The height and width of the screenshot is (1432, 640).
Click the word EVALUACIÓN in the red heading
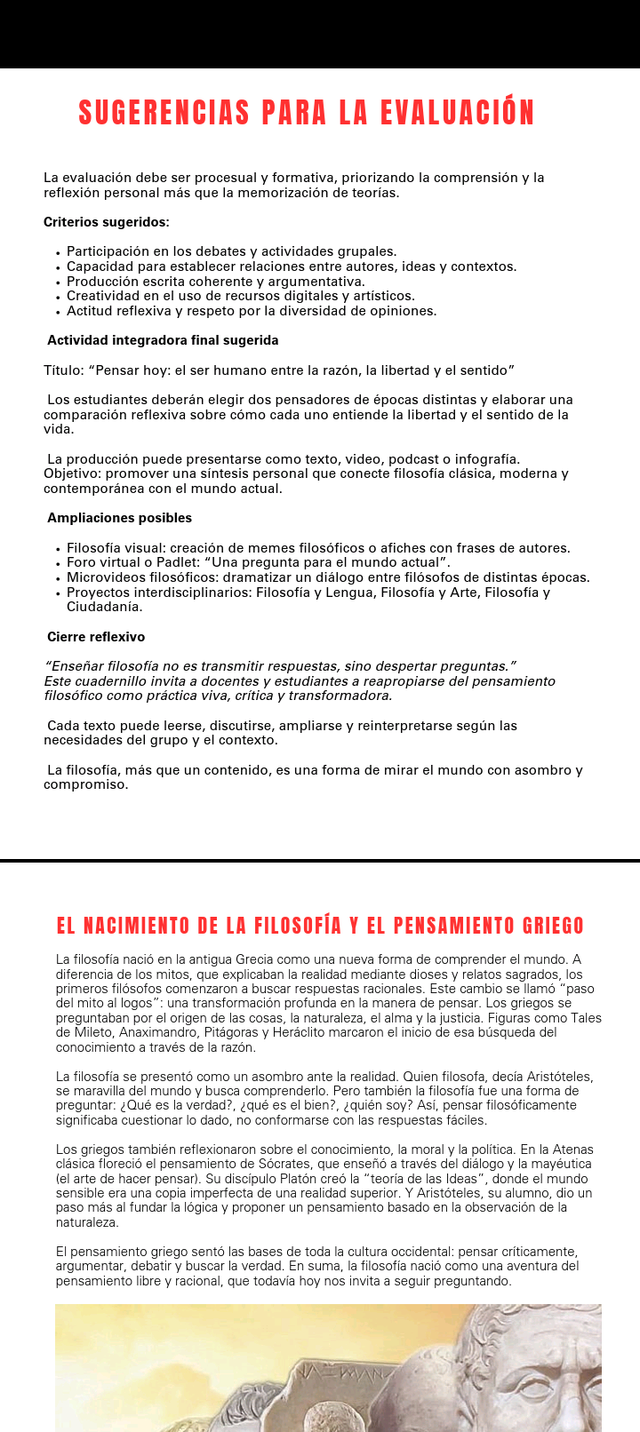coord(457,114)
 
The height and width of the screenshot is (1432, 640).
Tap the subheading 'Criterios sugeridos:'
coord(107,222)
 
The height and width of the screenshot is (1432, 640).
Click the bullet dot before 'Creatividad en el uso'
coord(58,297)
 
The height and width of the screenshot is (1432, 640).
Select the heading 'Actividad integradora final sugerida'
coord(163,340)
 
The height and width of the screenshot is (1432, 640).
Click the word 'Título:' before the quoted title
coord(64,370)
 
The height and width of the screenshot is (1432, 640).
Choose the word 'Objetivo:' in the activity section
coord(72,473)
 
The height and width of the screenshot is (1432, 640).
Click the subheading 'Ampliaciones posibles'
coord(119,518)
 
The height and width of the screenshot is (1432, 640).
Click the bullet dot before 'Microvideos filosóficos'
coord(58,578)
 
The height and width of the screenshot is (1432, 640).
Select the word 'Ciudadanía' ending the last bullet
coord(104,607)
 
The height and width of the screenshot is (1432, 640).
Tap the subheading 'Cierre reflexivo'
coord(96,637)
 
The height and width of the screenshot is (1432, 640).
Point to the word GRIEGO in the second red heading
coord(541,926)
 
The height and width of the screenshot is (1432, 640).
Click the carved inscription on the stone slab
coord(350,1372)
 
